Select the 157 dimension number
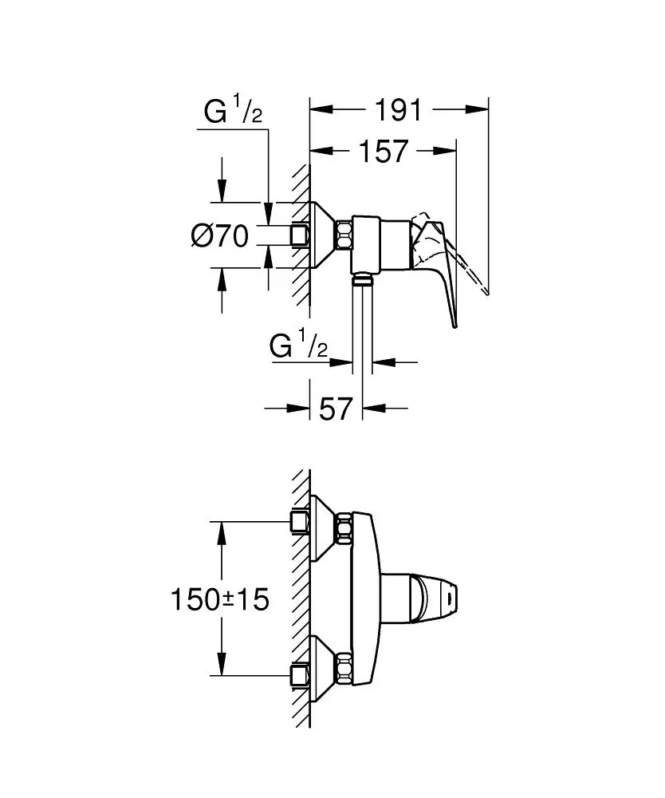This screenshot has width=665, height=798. tap(382, 150)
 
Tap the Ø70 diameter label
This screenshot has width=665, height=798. tap(219, 235)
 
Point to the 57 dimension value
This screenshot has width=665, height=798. tap(336, 409)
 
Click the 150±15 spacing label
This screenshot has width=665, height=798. tap(220, 598)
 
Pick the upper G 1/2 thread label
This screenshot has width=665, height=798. tap(233, 113)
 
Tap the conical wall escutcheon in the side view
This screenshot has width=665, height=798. tap(324, 235)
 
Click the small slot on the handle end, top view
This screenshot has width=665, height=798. tap(453, 595)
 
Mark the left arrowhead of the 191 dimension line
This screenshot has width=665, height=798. tap(315, 109)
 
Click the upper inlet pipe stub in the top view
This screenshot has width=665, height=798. tap(300, 522)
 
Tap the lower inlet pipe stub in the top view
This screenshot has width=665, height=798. tap(300, 674)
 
